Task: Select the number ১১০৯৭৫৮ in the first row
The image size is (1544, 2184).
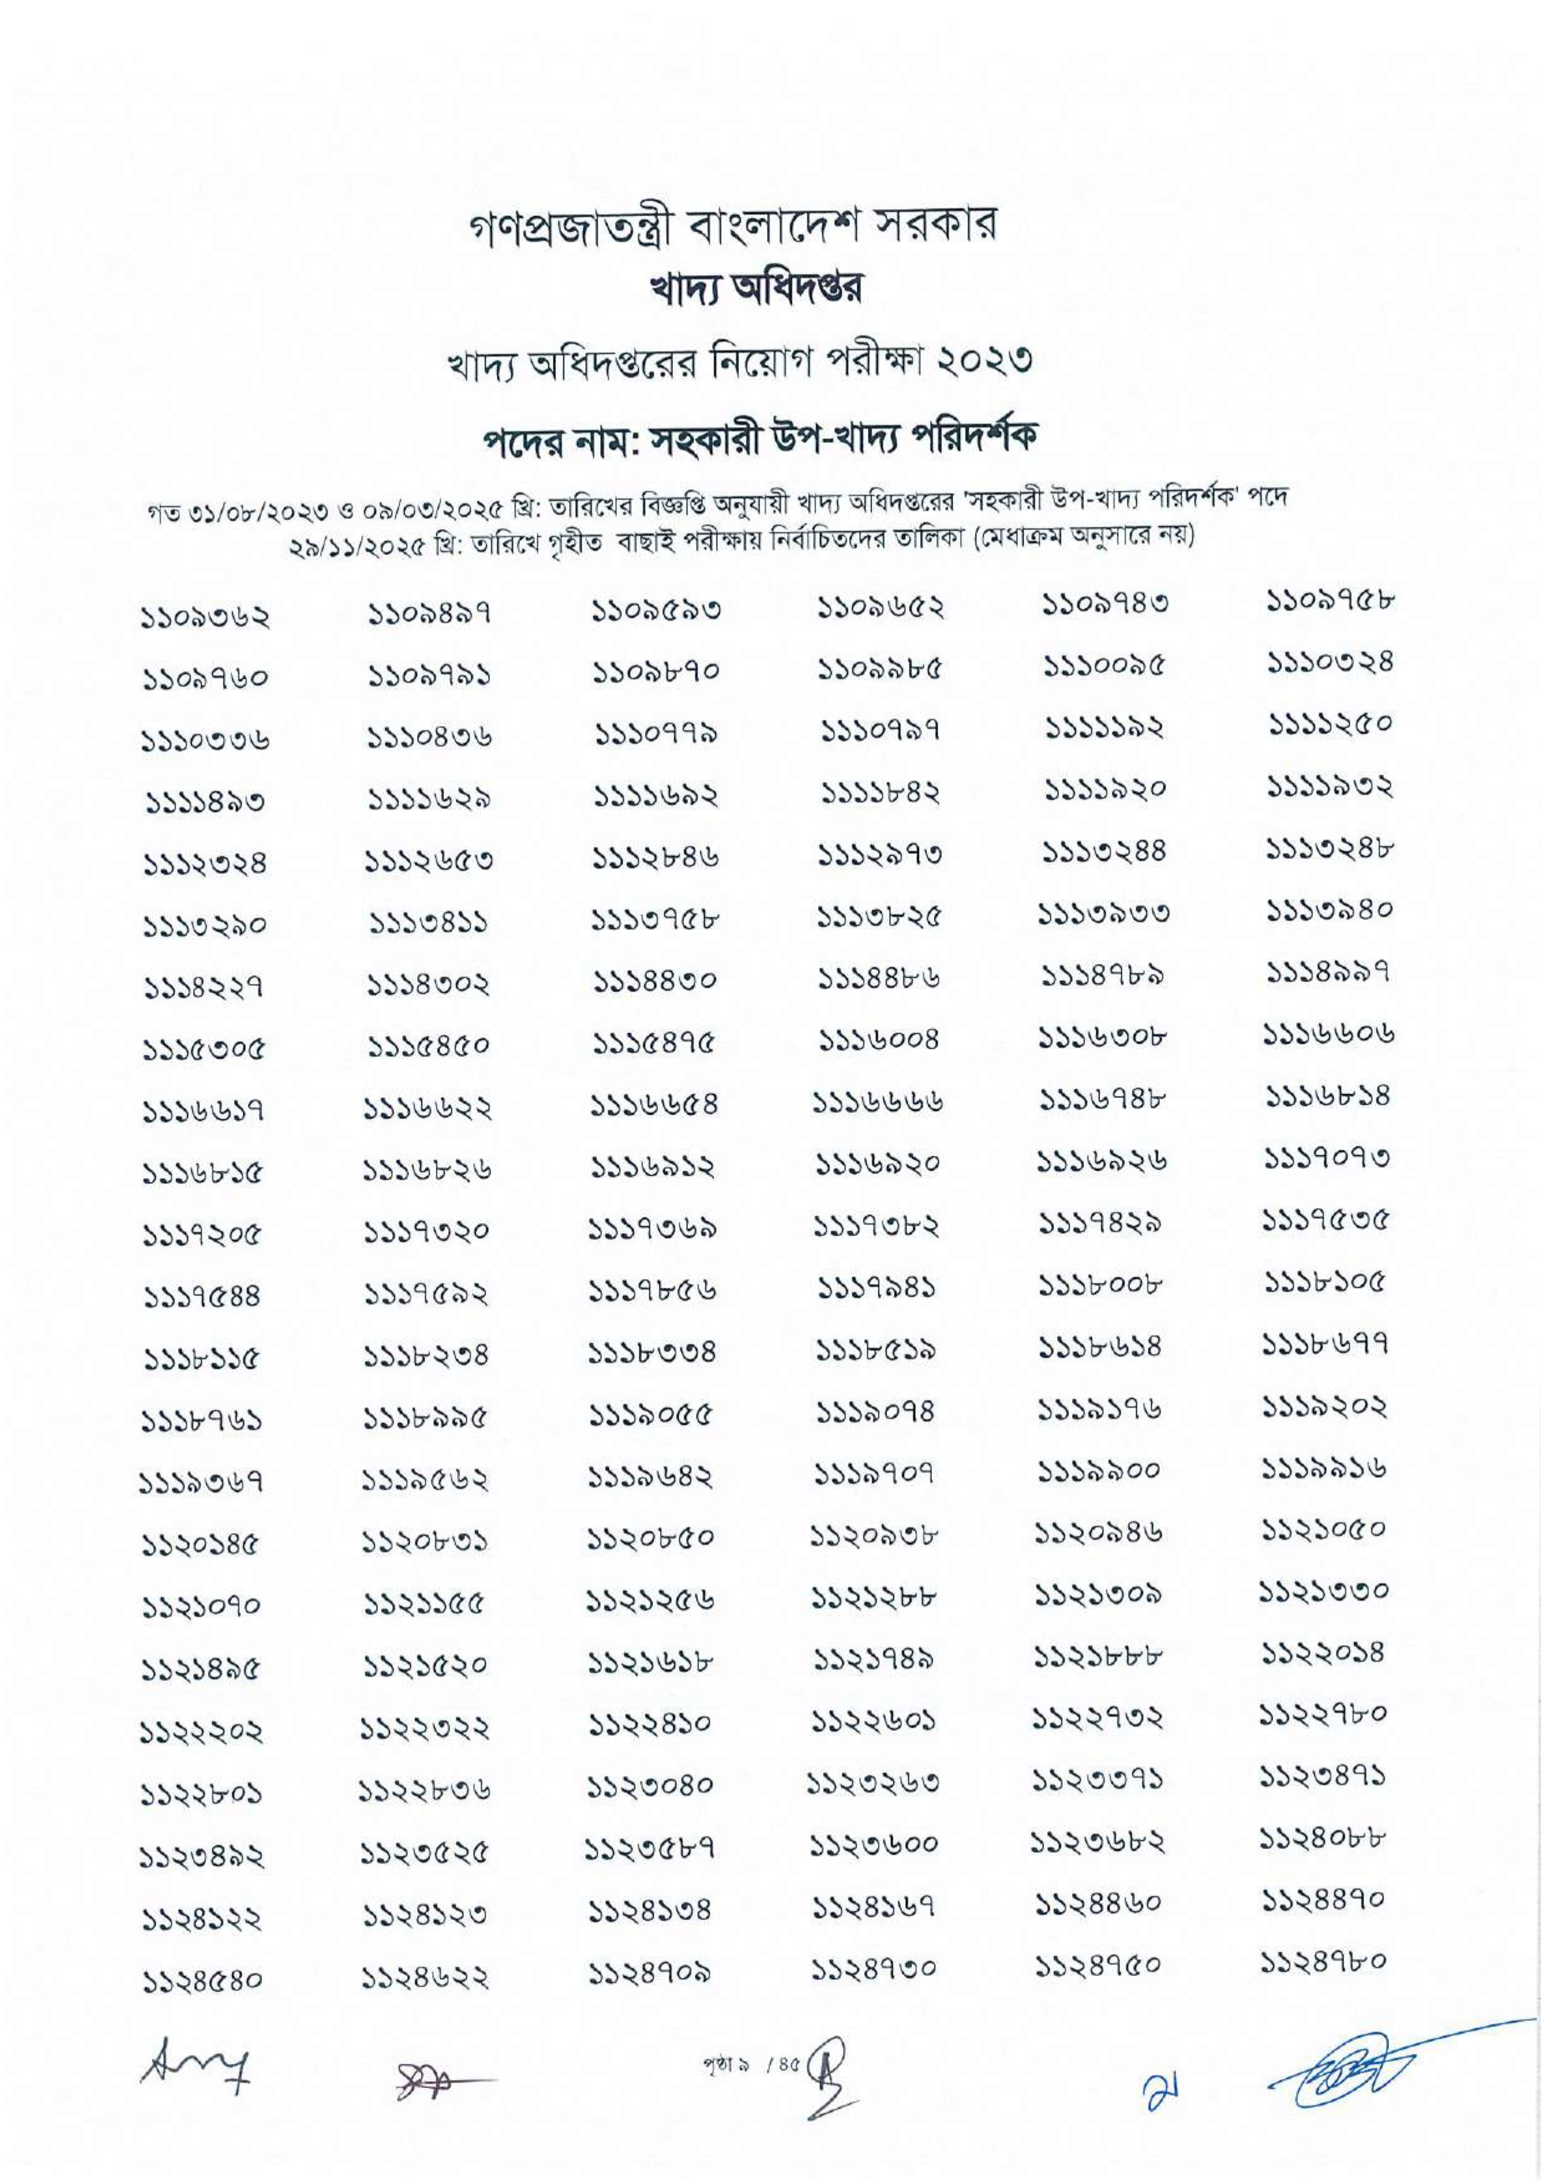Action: [1330, 602]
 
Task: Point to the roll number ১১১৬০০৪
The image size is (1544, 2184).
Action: [877, 1039]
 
